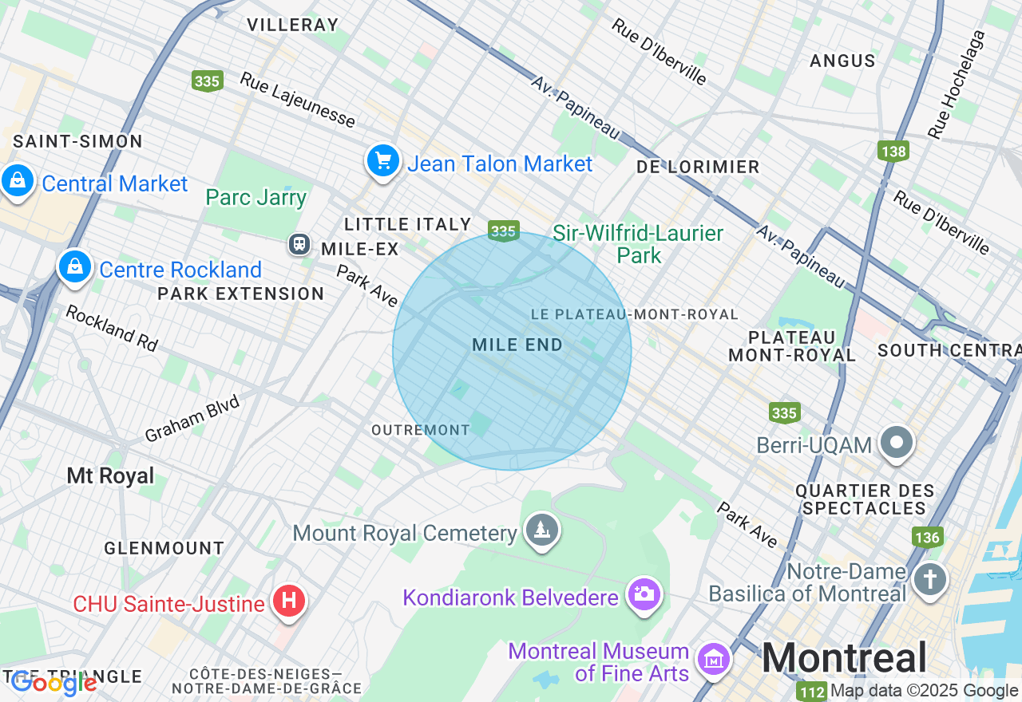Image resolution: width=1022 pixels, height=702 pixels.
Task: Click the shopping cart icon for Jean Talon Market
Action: coord(383,160)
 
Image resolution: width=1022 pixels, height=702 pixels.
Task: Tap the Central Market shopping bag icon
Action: coord(18,180)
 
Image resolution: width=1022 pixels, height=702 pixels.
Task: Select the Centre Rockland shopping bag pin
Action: coord(75,266)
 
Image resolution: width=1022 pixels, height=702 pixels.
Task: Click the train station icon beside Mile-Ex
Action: coord(299,243)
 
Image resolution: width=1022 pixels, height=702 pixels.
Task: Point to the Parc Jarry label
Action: coord(255,197)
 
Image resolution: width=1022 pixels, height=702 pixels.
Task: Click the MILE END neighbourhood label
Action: coord(517,345)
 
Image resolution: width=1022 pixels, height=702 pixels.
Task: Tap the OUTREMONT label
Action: coord(421,430)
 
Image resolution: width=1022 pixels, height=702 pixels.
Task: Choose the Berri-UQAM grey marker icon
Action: coord(897,442)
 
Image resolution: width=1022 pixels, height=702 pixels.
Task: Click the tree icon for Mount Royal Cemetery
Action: coord(542,530)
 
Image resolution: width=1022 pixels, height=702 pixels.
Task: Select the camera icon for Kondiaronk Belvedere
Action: coord(644,594)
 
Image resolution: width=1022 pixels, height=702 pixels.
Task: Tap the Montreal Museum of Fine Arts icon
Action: coord(714,660)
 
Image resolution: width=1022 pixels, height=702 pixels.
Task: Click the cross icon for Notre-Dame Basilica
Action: coord(929,580)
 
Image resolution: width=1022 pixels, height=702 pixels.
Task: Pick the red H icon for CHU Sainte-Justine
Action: coord(289,601)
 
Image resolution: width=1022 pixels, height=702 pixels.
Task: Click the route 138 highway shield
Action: coord(893,151)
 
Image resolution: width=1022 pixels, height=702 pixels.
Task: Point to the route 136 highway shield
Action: coord(927,537)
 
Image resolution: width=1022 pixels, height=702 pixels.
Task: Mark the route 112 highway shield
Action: coord(811,691)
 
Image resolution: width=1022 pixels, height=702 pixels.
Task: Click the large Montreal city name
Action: coord(844,658)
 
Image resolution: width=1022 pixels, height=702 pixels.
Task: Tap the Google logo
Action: coord(54,683)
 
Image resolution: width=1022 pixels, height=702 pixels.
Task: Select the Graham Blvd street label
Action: coord(192,420)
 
